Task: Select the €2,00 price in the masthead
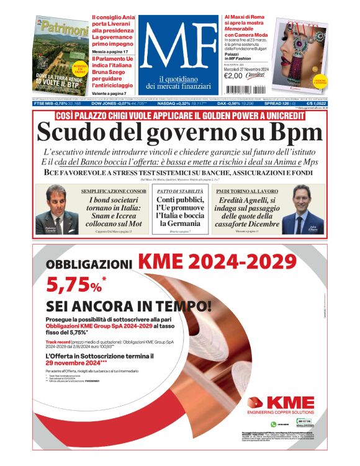[x=232, y=76]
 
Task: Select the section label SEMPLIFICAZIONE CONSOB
[x=110, y=191]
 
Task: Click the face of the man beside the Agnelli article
[x=304, y=199]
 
